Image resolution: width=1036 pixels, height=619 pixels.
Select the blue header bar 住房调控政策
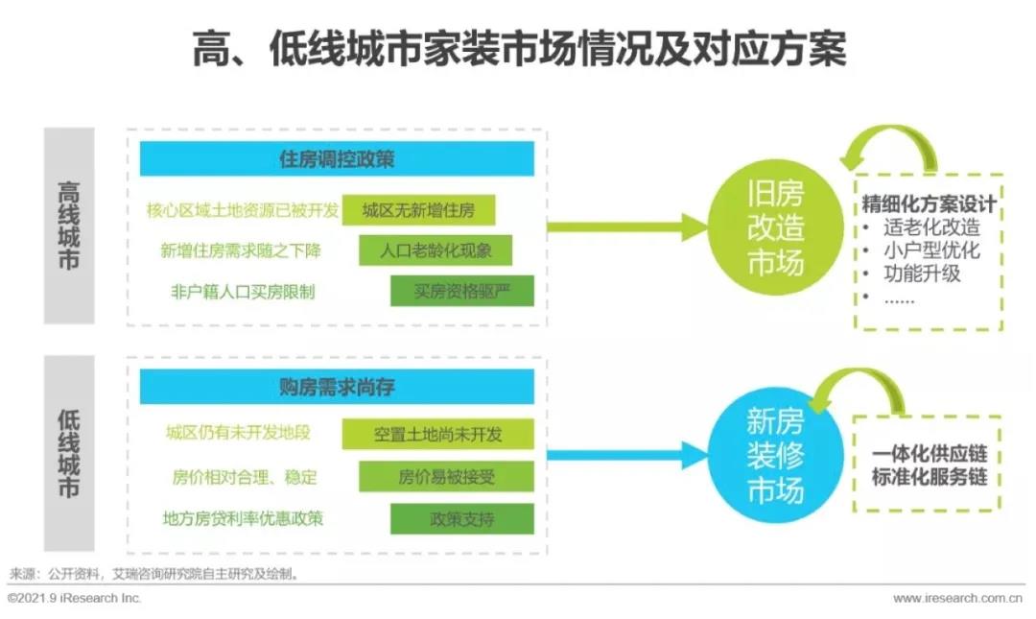coord(337,158)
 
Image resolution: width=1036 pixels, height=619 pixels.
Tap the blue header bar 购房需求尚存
coord(337,386)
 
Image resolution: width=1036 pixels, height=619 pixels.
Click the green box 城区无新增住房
coord(418,210)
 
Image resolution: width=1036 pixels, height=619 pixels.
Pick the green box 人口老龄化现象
coord(436,250)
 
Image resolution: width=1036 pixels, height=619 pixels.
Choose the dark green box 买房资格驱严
coord(462,291)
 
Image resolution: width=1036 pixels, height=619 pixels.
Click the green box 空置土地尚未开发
coord(438,434)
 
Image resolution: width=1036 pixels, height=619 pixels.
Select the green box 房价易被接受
coord(447,476)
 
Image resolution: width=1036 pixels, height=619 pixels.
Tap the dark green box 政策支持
coord(462,519)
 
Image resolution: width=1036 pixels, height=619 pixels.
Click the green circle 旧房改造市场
coord(775,227)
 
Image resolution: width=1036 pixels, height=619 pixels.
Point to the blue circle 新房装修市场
coord(775,455)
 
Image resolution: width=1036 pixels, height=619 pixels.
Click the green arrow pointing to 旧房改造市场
coord(627,227)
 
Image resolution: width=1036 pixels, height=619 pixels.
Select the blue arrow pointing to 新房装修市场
coord(627,455)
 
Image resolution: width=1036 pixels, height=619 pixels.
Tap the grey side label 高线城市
coord(69,226)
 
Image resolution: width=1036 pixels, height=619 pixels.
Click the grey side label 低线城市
coord(69,453)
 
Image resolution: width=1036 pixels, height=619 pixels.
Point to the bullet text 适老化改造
coord(931,227)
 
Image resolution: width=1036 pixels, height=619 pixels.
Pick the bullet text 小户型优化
coord(931,250)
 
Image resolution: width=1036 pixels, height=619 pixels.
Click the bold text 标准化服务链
coord(929,477)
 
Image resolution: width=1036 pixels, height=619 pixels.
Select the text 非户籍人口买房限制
coord(243,292)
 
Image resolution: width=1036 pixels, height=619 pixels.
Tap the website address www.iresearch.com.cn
coord(958,599)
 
